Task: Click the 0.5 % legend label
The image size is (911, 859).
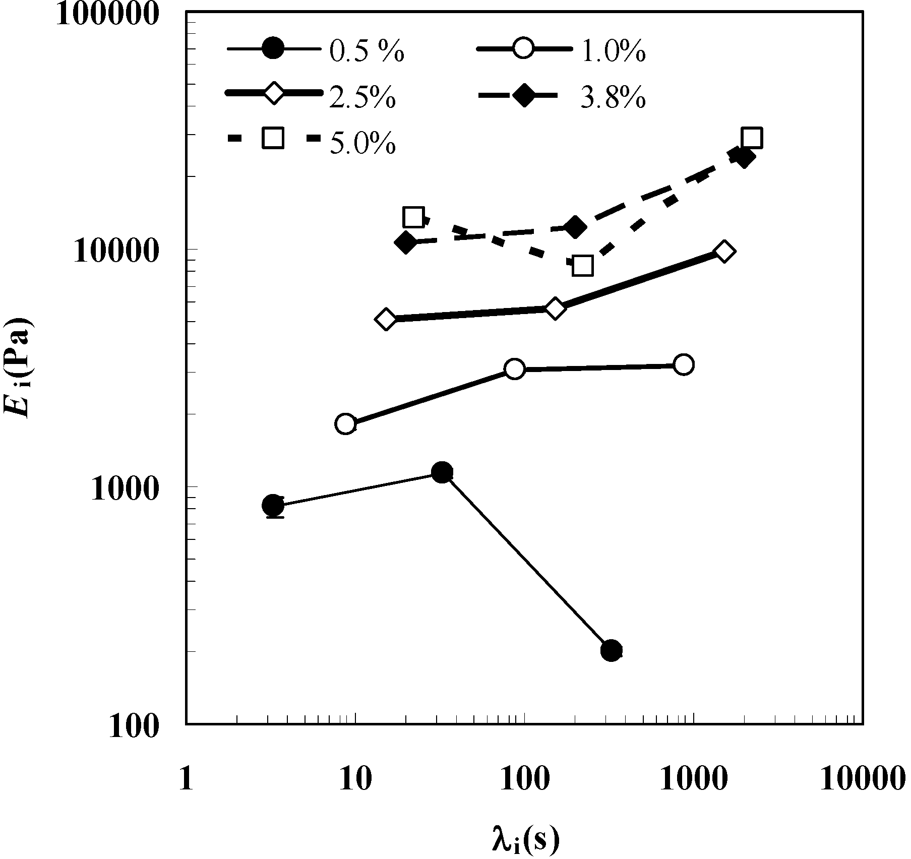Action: point(367,52)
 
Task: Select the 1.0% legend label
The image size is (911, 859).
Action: point(613,52)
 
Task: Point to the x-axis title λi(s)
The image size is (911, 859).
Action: point(524,839)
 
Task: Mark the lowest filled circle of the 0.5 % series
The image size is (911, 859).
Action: point(611,651)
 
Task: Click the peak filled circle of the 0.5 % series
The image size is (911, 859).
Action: point(442,472)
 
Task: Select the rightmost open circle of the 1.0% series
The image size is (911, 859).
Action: point(684,364)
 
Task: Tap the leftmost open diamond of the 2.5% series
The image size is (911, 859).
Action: point(386,319)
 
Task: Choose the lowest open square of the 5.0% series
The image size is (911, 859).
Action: point(583,266)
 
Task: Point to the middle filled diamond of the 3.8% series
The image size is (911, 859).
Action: point(575,227)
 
